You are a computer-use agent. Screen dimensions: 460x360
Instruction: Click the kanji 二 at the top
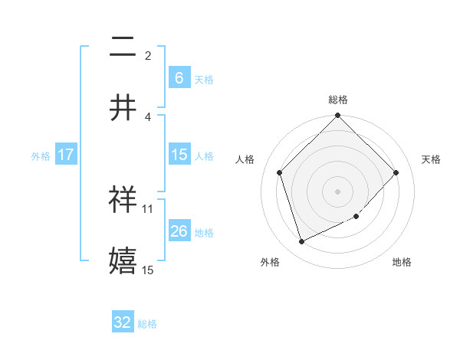pyautogui.click(x=123, y=48)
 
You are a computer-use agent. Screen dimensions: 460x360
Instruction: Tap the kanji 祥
pyautogui.click(x=123, y=199)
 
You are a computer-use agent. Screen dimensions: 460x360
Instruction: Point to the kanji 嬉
pyautogui.click(x=123, y=259)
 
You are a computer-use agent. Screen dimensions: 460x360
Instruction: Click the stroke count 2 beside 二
pyautogui.click(x=148, y=56)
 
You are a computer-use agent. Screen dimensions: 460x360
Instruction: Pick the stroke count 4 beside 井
pyautogui.click(x=148, y=116)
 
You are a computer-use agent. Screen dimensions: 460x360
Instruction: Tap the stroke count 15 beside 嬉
pyautogui.click(x=148, y=270)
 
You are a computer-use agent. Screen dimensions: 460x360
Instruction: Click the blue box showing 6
pyautogui.click(x=179, y=77)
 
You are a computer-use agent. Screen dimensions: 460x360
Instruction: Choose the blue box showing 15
pyautogui.click(x=179, y=155)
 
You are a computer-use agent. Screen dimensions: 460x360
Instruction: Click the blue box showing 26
pyautogui.click(x=179, y=231)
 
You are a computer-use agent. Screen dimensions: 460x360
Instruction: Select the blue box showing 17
pyautogui.click(x=66, y=155)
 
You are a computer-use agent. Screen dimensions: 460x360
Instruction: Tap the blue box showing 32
pyautogui.click(x=123, y=322)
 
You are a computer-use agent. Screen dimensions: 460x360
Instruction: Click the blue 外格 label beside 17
pyautogui.click(x=41, y=155)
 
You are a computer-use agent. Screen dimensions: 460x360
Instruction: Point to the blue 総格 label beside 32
pyautogui.click(x=147, y=324)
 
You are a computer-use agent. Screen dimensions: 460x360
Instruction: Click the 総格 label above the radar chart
pyautogui.click(x=337, y=100)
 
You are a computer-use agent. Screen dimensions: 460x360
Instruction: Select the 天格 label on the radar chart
pyautogui.click(x=431, y=159)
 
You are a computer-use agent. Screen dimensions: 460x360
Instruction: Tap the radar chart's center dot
pyautogui.click(x=337, y=191)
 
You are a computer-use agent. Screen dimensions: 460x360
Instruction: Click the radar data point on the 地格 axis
pyautogui.click(x=356, y=216)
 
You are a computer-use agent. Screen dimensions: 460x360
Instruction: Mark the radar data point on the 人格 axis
pyautogui.click(x=280, y=172)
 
